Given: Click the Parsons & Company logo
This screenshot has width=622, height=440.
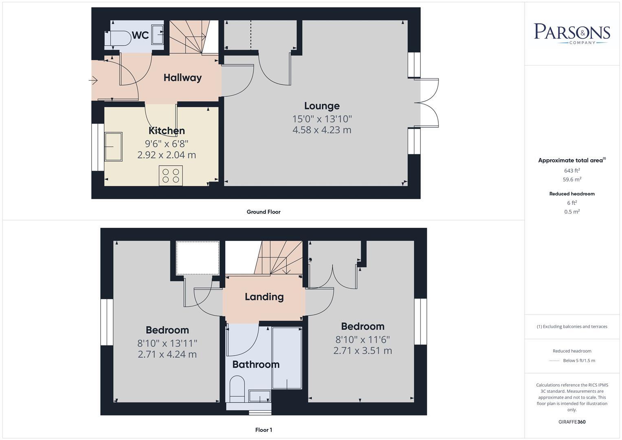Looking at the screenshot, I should pyautogui.click(x=572, y=33).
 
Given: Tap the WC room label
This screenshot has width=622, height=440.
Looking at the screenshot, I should pyautogui.click(x=140, y=35).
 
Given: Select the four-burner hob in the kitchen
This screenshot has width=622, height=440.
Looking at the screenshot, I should pyautogui.click(x=171, y=176).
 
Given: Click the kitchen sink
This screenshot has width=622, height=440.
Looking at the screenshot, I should pyautogui.click(x=113, y=147).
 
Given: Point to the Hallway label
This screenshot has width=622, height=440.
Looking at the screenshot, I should pyautogui.click(x=182, y=77).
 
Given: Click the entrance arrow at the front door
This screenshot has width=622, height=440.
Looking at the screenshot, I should pyautogui.click(x=93, y=81).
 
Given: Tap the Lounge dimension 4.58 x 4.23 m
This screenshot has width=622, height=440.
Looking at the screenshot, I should pyautogui.click(x=322, y=130).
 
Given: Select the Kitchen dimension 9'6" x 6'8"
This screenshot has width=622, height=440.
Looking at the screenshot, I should pyautogui.click(x=167, y=143).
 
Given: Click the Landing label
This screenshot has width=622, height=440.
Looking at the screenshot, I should pyautogui.click(x=264, y=297).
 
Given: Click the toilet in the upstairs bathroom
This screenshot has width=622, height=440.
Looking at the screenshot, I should pyautogui.click(x=237, y=389).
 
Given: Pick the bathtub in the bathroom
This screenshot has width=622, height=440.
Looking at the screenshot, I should pyautogui.click(x=287, y=358).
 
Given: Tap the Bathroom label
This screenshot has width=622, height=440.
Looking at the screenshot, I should pyautogui.click(x=256, y=364).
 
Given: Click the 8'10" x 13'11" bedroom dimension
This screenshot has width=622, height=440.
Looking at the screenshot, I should pyautogui.click(x=167, y=343).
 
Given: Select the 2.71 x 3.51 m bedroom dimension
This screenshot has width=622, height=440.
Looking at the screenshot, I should pyautogui.click(x=363, y=350).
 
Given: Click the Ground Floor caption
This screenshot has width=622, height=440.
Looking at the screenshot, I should pyautogui.click(x=264, y=212).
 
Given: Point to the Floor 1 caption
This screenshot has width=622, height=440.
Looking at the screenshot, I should pyautogui.click(x=264, y=430).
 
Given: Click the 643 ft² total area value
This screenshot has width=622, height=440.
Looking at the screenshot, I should pyautogui.click(x=572, y=171).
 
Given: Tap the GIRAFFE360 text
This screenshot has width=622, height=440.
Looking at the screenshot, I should pyautogui.click(x=572, y=422).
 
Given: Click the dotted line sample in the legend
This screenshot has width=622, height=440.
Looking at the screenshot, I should pyautogui.click(x=554, y=361).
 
